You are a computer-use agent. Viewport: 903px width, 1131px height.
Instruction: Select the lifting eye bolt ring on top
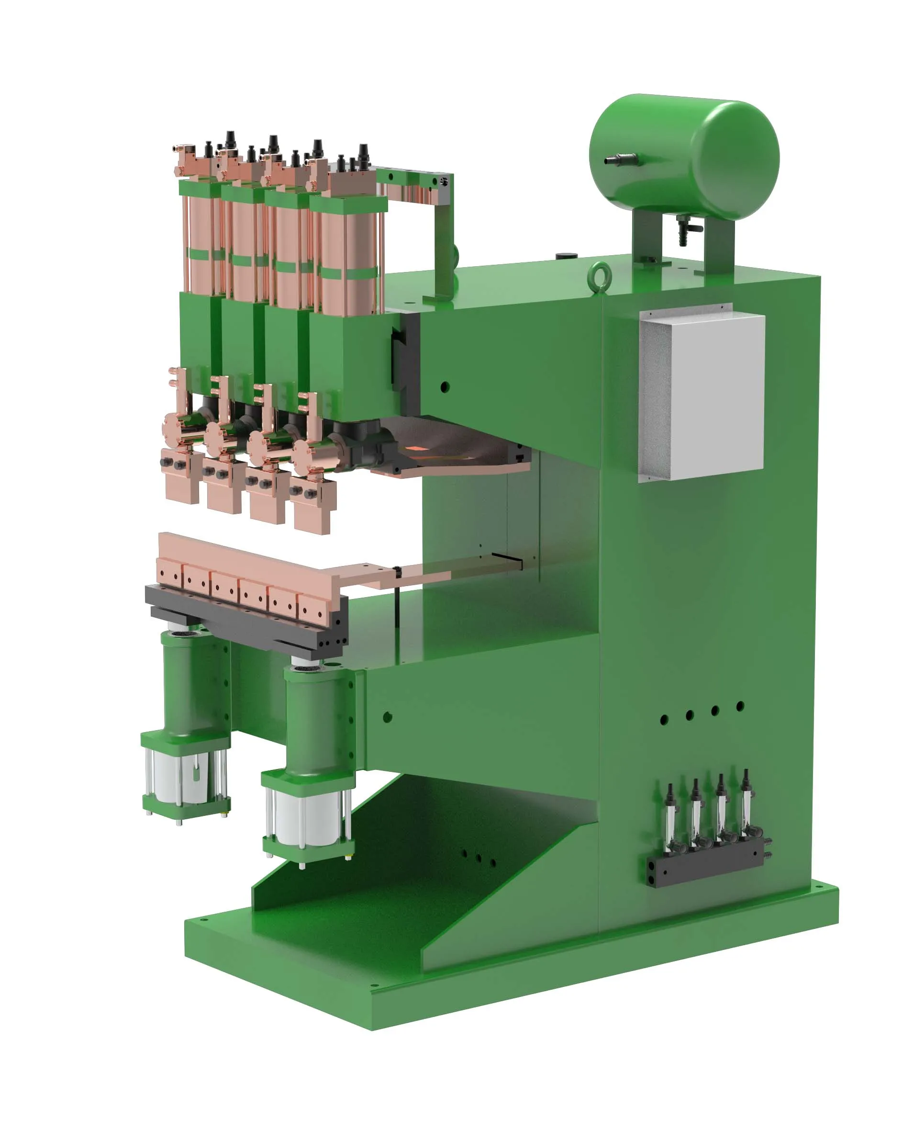[597, 273]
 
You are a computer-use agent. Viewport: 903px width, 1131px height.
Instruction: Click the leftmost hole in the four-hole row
[664, 720]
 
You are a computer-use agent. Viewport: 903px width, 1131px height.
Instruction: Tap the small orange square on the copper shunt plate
[416, 449]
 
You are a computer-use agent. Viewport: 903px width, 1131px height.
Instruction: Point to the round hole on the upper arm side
[445, 388]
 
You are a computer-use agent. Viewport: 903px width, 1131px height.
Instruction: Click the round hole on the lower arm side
[388, 717]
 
